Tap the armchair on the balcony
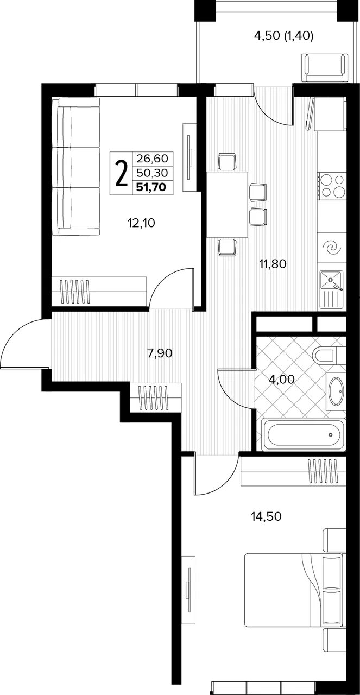[x=325, y=68]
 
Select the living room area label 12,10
[x=141, y=223]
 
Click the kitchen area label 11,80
[x=273, y=264]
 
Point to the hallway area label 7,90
[x=160, y=353]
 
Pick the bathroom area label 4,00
[x=282, y=379]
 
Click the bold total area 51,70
[x=152, y=187]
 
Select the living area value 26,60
[x=152, y=159]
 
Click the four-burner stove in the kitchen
[x=331, y=186]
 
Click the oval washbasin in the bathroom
[x=337, y=391]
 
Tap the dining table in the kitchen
[x=227, y=205]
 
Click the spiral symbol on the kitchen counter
[x=332, y=248]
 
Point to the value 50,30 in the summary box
[x=152, y=173]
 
